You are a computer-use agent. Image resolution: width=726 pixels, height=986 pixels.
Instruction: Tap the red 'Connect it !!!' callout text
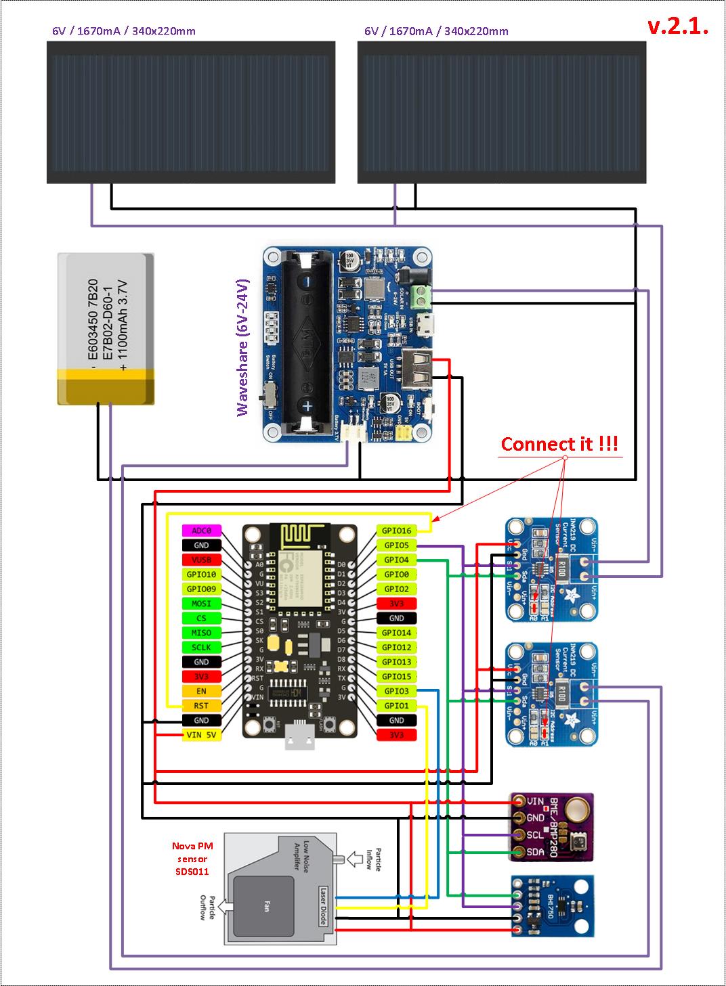point(559,444)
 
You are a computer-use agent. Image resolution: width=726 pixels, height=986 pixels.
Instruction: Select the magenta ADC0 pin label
point(201,531)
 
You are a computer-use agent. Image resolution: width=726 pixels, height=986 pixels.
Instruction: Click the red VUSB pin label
point(201,560)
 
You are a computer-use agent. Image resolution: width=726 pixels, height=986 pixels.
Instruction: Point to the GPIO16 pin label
point(396,531)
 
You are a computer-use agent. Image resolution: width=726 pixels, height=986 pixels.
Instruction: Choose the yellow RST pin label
point(201,706)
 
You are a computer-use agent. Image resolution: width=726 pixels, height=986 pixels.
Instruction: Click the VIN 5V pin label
point(201,734)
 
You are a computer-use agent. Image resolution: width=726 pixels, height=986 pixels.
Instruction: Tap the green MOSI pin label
point(201,604)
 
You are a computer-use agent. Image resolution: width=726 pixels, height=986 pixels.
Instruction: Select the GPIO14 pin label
point(396,633)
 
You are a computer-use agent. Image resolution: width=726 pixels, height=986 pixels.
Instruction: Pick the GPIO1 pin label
point(396,706)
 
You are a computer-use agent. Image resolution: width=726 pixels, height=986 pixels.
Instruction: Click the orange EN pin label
point(201,691)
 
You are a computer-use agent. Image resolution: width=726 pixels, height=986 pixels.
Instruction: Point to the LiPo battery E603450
point(106,329)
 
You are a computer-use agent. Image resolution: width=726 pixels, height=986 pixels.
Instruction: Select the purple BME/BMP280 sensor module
point(551,826)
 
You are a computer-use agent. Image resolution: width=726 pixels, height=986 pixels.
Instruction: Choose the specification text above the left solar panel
point(123,31)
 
